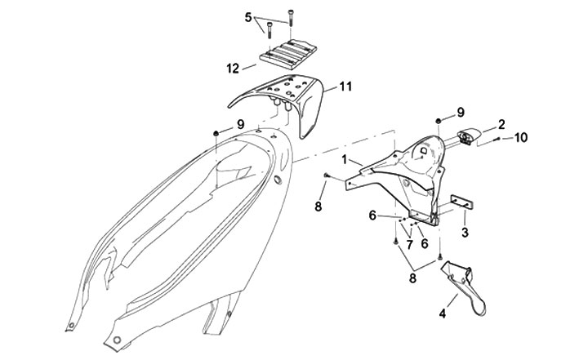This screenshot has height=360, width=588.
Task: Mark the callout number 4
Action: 443,311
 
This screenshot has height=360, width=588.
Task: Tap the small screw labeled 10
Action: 500,140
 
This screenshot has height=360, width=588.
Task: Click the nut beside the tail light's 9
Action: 439,121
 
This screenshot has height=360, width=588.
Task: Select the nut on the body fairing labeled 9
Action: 216,132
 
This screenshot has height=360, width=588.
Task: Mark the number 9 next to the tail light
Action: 461,111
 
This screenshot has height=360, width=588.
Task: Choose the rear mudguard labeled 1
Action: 400,171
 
